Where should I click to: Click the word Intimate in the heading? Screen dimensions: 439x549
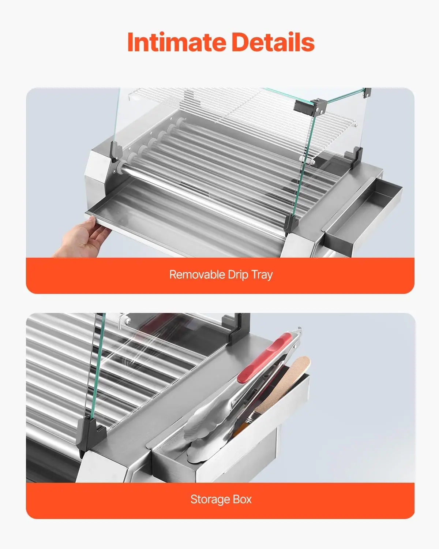point(177,42)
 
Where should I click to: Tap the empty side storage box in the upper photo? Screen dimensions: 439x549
point(362,214)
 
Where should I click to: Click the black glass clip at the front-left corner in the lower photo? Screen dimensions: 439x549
point(91,434)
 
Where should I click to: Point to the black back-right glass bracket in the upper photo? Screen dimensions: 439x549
point(354,157)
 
